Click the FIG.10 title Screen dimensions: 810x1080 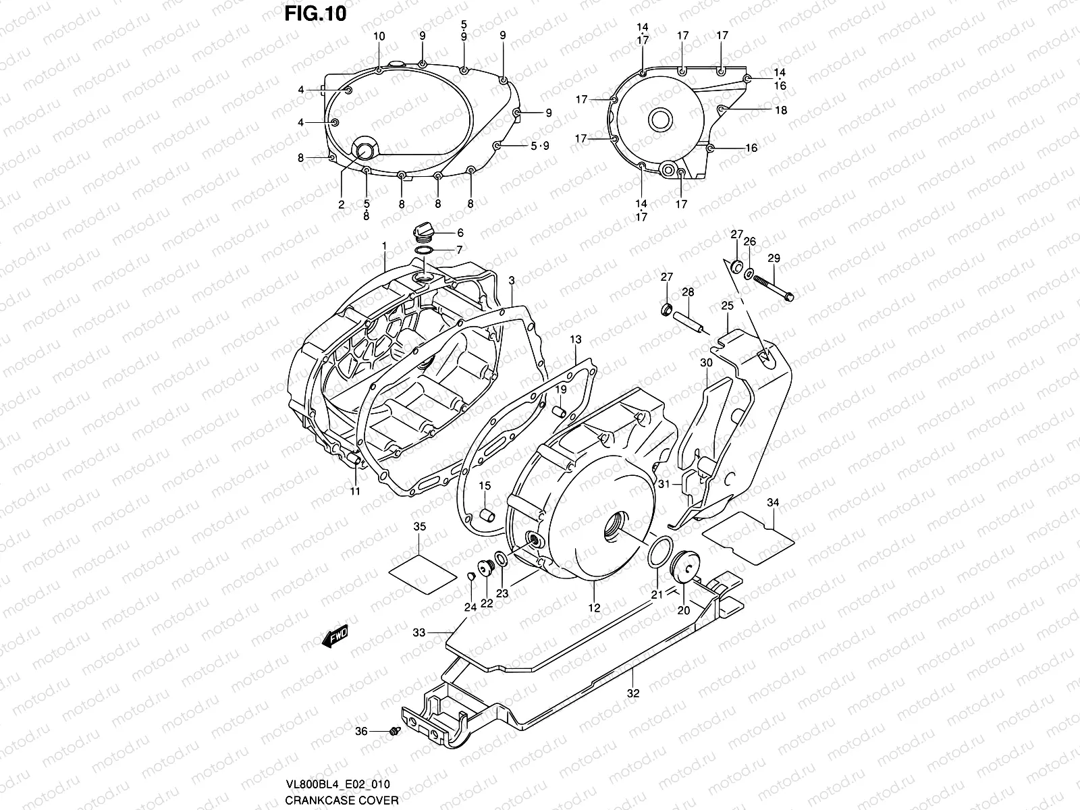[315, 13]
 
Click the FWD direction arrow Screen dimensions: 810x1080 [335, 635]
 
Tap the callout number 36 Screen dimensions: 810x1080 [362, 731]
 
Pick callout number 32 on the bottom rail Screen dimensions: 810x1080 [632, 693]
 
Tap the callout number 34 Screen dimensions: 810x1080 [774, 502]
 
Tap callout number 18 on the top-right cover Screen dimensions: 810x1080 [781, 110]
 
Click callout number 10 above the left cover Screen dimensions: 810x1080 [379, 36]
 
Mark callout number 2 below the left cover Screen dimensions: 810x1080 [342, 204]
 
